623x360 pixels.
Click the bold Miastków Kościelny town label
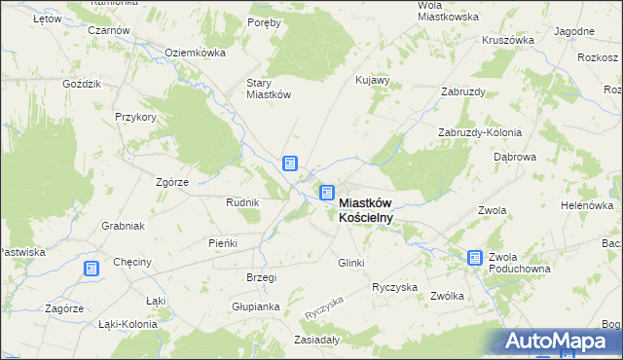click(x=366, y=210)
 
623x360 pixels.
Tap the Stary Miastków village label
click(x=269, y=89)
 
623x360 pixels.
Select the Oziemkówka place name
click(x=195, y=53)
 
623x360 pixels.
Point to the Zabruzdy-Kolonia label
click(x=480, y=132)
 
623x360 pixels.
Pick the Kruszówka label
click(x=508, y=41)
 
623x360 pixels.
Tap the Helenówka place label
click(x=585, y=206)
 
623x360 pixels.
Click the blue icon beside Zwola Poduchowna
click(x=475, y=258)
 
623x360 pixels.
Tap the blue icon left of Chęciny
click(x=92, y=269)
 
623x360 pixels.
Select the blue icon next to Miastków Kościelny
click(x=328, y=195)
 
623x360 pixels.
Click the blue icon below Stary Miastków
click(x=290, y=163)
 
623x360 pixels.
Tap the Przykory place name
click(x=135, y=116)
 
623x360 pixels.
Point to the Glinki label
click(x=350, y=263)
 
